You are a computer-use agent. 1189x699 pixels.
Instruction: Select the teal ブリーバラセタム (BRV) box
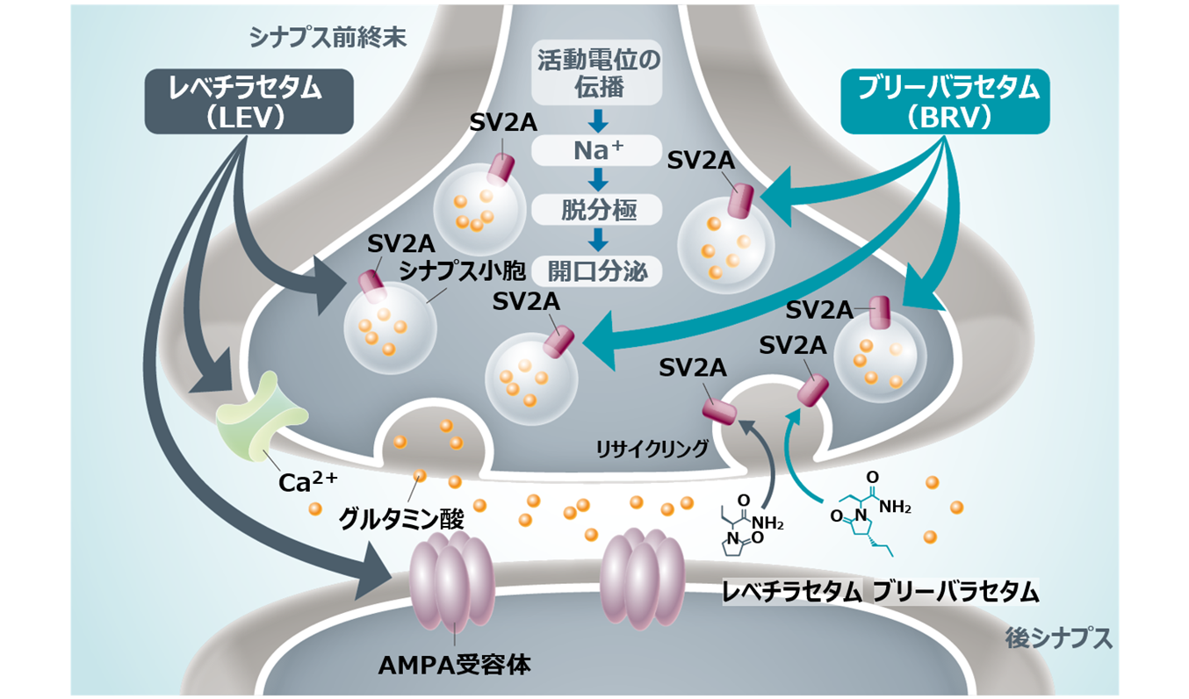945,103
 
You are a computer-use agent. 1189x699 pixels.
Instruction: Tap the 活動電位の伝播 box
598,76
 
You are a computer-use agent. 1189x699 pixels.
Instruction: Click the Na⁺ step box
598,150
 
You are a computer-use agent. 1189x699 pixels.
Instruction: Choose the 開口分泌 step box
598,270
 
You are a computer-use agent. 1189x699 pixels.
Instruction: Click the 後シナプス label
1058,638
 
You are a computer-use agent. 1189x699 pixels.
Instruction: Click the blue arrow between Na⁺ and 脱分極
598,180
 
